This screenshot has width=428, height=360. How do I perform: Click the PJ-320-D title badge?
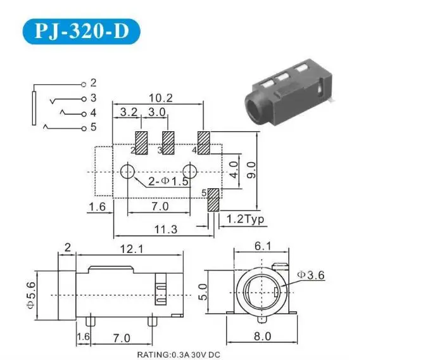(81, 32)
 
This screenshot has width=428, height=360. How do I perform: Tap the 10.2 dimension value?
(161, 98)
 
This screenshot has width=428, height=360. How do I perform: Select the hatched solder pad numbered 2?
(141, 143)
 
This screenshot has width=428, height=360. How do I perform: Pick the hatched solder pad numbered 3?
(168, 143)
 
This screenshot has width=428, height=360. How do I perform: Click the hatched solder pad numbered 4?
(204, 143)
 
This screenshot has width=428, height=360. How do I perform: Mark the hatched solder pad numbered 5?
(213, 200)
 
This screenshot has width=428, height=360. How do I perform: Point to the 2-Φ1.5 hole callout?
(168, 181)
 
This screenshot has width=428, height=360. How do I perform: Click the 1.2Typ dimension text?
(246, 219)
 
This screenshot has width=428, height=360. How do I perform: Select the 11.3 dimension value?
(166, 229)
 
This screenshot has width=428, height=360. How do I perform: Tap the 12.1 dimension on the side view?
(132, 249)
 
